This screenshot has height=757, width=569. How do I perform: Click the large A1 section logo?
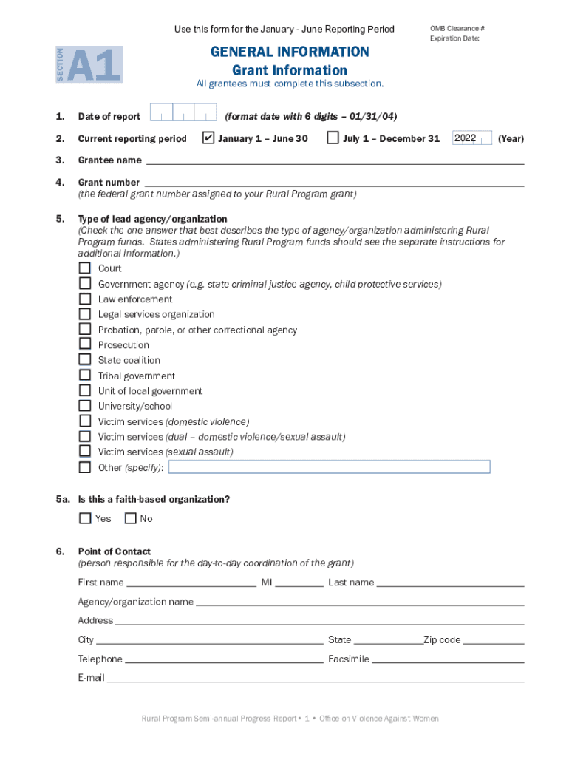pyautogui.click(x=94, y=65)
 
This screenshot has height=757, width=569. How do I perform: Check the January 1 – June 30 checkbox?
pyautogui.click(x=208, y=138)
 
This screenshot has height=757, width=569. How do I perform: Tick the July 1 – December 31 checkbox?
pyautogui.click(x=333, y=138)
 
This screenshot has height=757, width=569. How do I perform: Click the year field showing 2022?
pyautogui.click(x=471, y=138)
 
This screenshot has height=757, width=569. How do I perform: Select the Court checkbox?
pyautogui.click(x=85, y=268)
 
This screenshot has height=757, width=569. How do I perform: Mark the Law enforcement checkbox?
pyautogui.click(x=85, y=299)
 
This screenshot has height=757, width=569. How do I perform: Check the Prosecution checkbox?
pyautogui.click(x=85, y=344)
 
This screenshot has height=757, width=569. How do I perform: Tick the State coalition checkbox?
pyautogui.click(x=85, y=360)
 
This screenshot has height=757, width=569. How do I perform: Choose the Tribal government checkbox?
pyautogui.click(x=85, y=376)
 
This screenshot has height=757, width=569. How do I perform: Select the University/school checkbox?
pyautogui.click(x=85, y=406)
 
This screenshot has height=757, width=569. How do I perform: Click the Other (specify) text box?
pyautogui.click(x=330, y=466)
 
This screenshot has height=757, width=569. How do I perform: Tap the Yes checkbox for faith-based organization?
pyautogui.click(x=85, y=518)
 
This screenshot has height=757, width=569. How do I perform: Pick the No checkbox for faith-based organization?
pyautogui.click(x=131, y=518)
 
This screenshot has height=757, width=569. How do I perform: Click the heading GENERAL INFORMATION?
pyautogui.click(x=290, y=52)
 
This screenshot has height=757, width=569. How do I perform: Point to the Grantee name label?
pyautogui.click(x=109, y=160)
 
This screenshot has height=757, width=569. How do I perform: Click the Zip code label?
pyautogui.click(x=442, y=640)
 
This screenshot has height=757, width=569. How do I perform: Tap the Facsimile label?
pyautogui.click(x=349, y=659)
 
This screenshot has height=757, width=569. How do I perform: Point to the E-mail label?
pyautogui.click(x=92, y=678)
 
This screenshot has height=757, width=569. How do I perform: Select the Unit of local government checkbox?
pyautogui.click(x=85, y=391)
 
